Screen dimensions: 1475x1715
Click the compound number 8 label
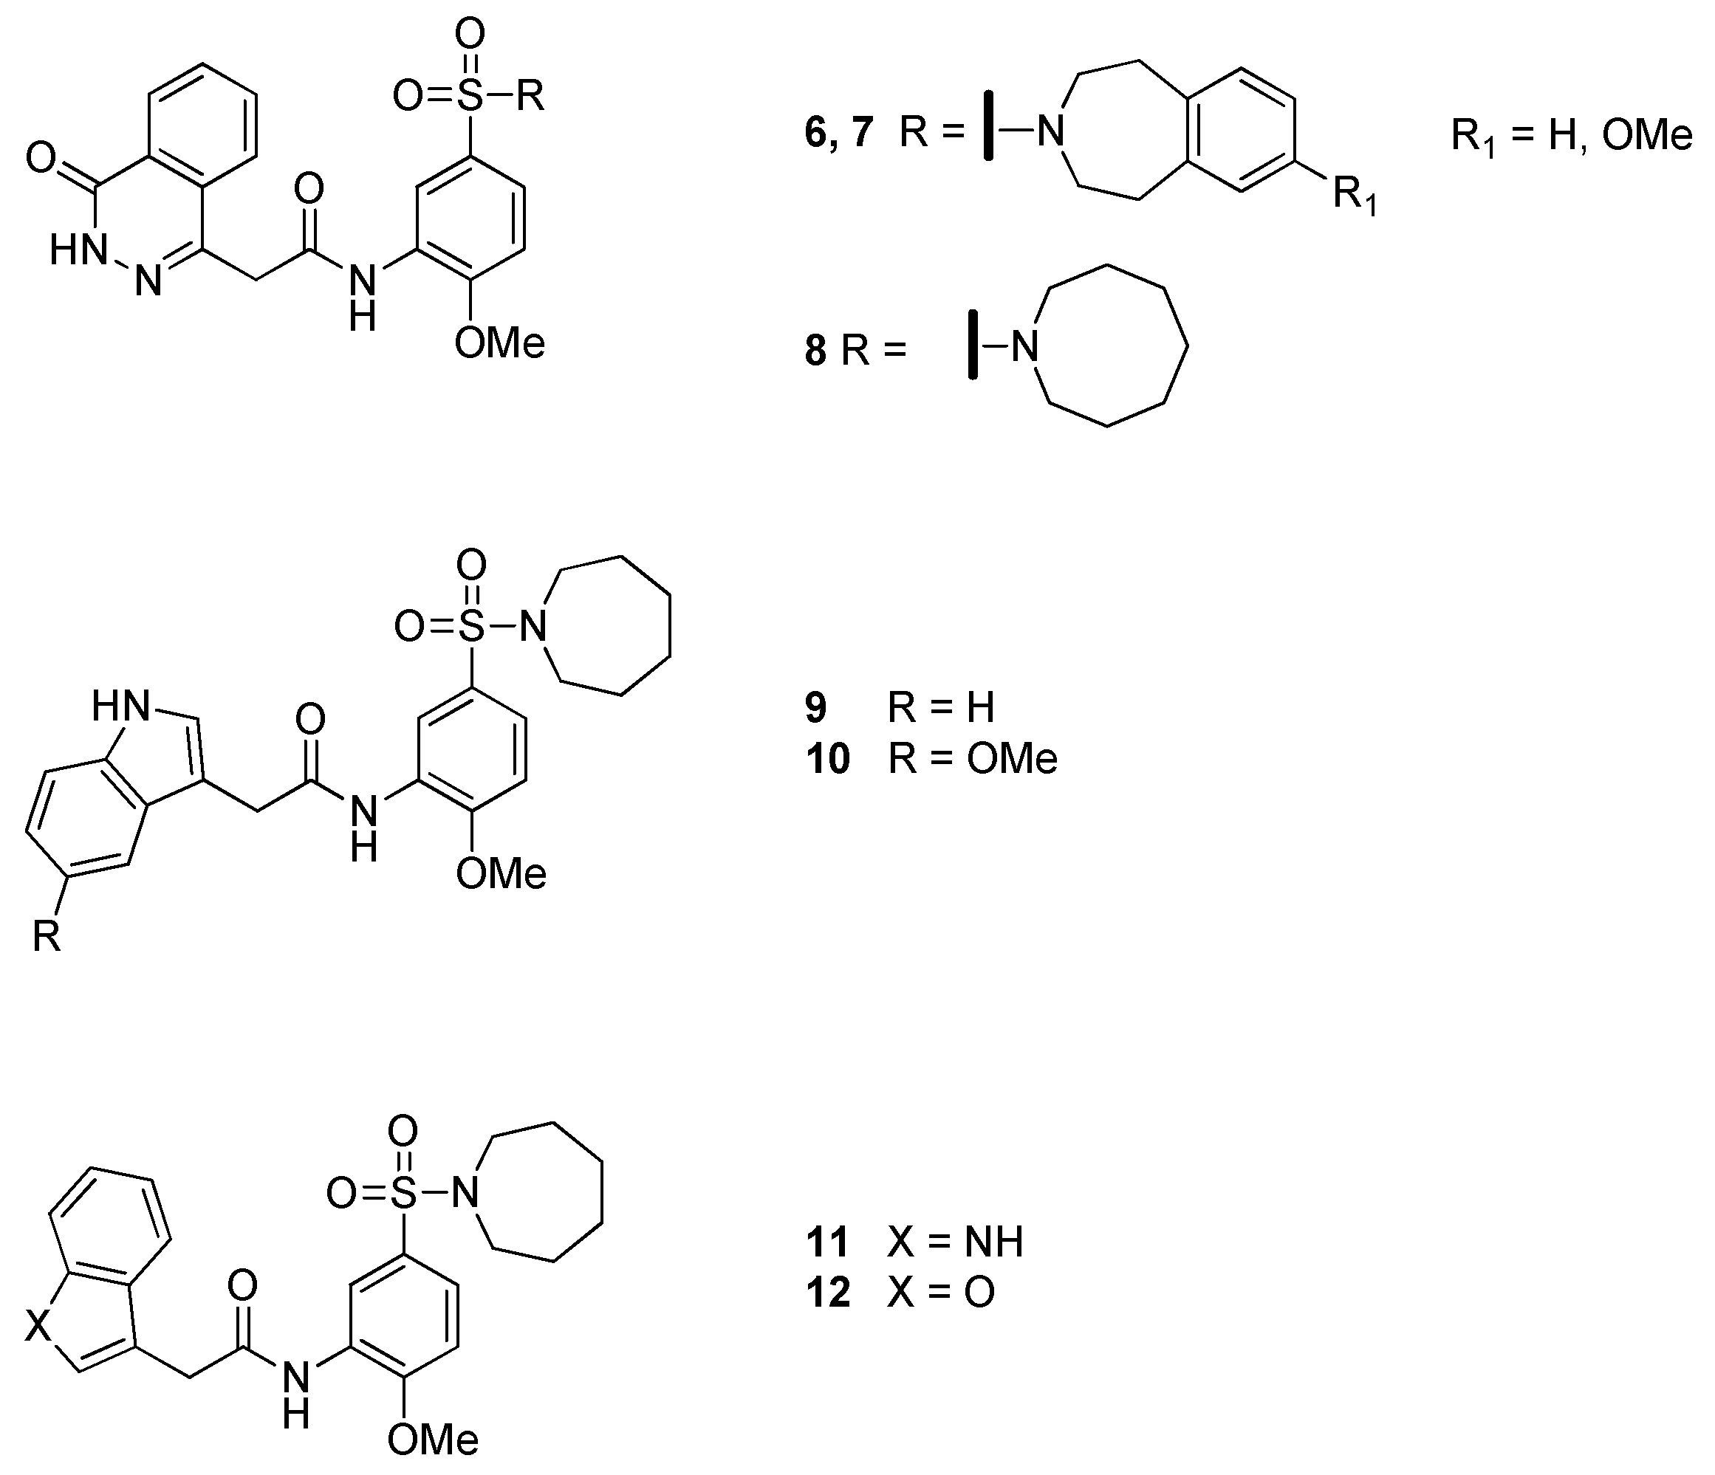[815, 350]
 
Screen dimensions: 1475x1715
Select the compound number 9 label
[815, 708]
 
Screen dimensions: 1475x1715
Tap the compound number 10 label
[828, 759]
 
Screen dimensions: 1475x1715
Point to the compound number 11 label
[828, 1242]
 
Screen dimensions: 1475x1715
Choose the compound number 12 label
[828, 1292]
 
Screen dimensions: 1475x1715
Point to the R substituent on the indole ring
[47, 938]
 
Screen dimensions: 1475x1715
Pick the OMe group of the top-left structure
[499, 343]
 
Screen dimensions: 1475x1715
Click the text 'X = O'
[941, 1292]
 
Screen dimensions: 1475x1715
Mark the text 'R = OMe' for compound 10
[973, 759]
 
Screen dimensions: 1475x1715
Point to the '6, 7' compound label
[838, 132]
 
